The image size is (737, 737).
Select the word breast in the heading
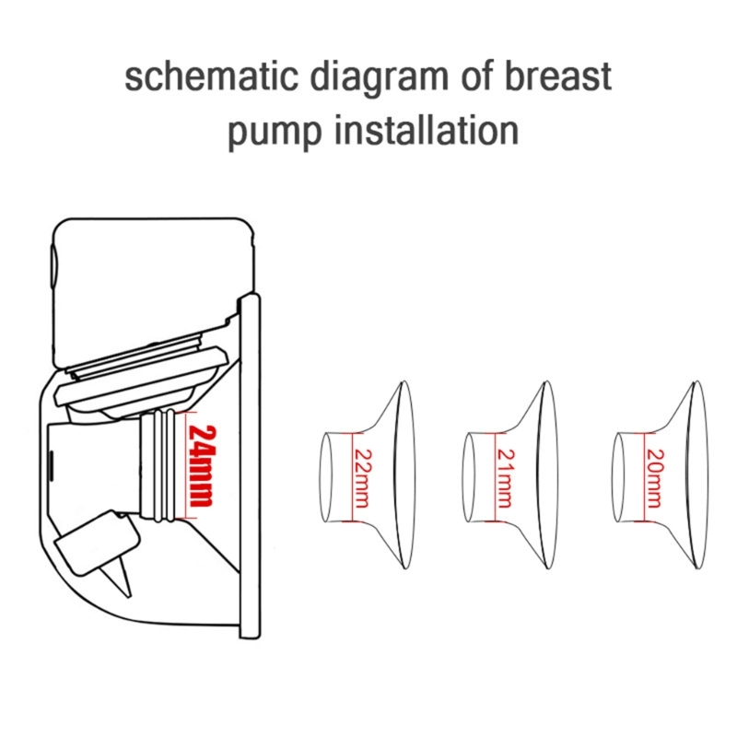pyautogui.click(x=558, y=76)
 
